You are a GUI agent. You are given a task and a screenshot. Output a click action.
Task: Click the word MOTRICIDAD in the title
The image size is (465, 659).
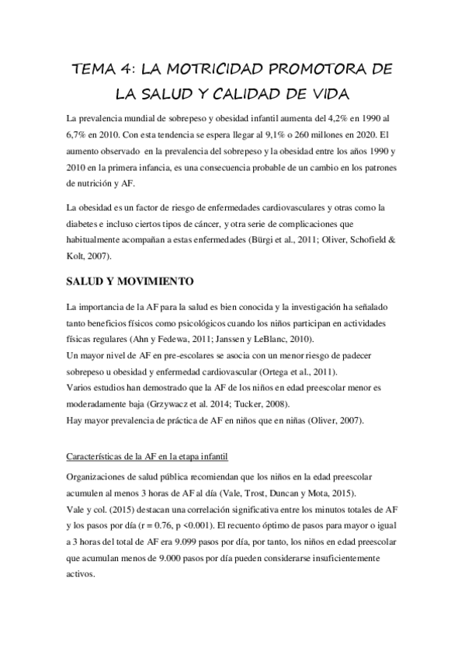pos(206,70)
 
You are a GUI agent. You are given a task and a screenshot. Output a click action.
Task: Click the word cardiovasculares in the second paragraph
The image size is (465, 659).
pos(294,208)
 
